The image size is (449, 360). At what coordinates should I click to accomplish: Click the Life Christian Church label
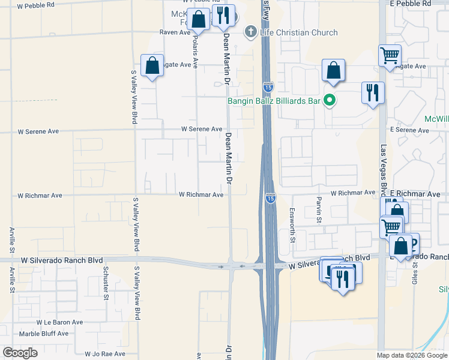pyautogui.click(x=299, y=32)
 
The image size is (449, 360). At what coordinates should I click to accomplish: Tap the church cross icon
pyautogui.click(x=250, y=32)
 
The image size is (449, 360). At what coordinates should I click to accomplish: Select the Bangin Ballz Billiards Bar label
pyautogui.click(x=273, y=101)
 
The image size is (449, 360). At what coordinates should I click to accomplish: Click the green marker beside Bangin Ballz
pyautogui.click(x=329, y=101)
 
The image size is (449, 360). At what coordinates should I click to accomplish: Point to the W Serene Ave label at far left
pyautogui.click(x=39, y=130)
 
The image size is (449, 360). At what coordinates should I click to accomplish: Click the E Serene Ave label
pyautogui.click(x=409, y=130)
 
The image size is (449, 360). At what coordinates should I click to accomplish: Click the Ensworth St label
pyautogui.click(x=292, y=225)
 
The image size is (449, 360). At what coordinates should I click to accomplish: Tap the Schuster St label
pyautogui.click(x=106, y=282)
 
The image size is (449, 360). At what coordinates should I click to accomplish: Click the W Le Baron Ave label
pyautogui.click(x=60, y=322)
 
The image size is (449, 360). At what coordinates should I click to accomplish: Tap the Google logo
pyautogui.click(x=20, y=353)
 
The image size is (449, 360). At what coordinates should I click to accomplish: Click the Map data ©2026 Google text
pyautogui.click(x=412, y=355)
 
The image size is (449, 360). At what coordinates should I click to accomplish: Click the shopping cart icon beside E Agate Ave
pyautogui.click(x=390, y=56)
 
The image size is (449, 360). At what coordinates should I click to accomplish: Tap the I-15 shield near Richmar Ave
pyautogui.click(x=271, y=197)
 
